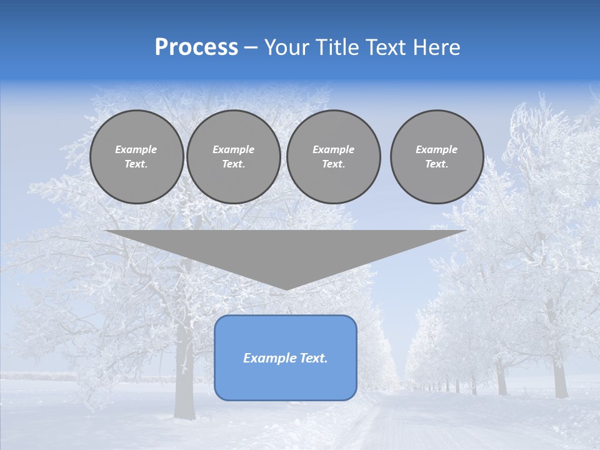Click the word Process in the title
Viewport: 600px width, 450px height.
[196, 47]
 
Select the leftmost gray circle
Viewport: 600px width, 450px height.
[137, 157]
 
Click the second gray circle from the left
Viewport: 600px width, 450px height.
[234, 157]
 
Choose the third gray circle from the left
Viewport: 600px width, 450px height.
[334, 157]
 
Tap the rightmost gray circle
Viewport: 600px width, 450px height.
[437, 157]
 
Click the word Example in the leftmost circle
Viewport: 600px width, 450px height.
[136, 149]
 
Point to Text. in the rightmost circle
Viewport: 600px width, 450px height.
[437, 164]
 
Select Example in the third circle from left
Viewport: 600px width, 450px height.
[334, 149]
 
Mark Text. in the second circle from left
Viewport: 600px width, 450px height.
[234, 164]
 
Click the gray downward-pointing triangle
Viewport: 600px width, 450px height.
[286, 250]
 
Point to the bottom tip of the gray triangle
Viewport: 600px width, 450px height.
[286, 288]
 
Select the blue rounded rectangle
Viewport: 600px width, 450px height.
[286, 381]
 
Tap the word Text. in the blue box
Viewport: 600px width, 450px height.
[314, 358]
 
